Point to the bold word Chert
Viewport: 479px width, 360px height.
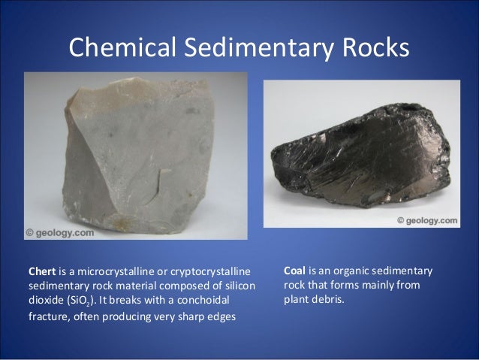(x=42, y=270)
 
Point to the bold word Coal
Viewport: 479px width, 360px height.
(x=296, y=270)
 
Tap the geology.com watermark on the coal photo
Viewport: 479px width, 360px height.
(x=426, y=221)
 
